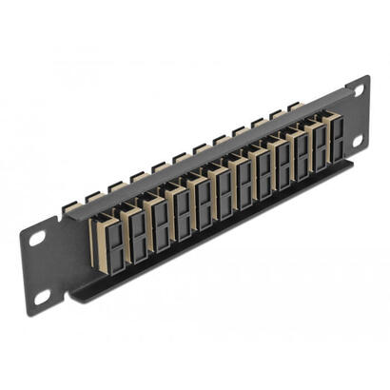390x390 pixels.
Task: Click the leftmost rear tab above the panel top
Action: (91, 196)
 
